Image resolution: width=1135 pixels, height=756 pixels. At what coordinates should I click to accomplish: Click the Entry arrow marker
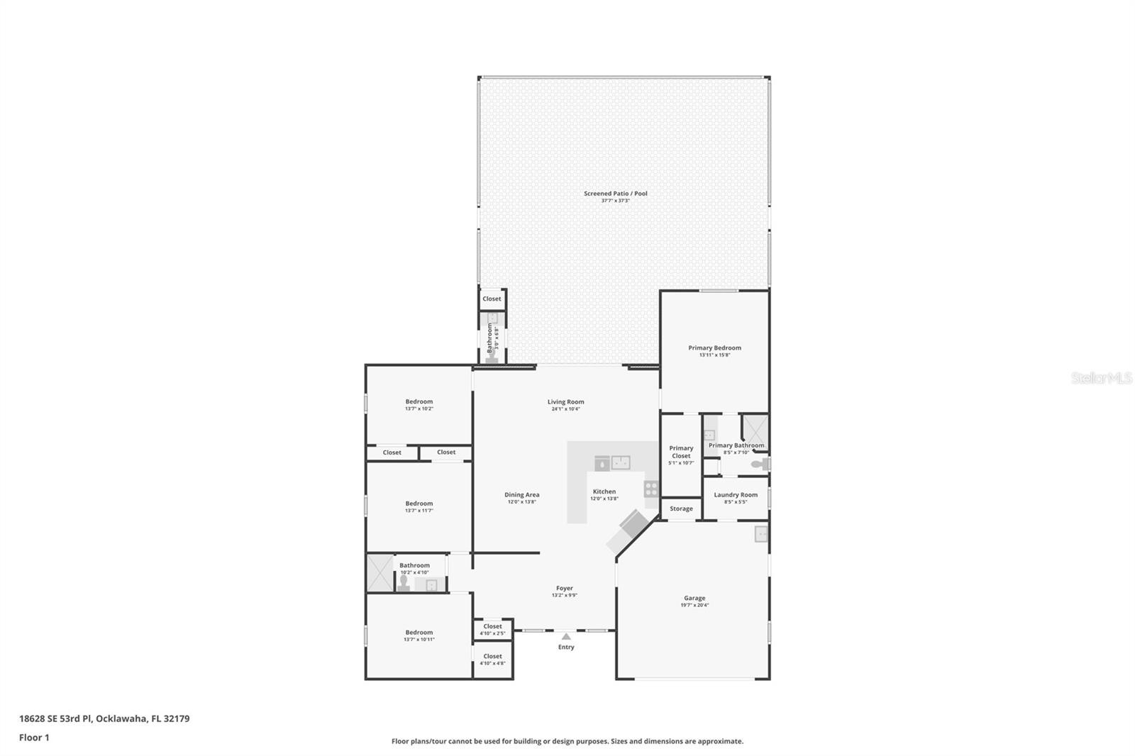(x=566, y=637)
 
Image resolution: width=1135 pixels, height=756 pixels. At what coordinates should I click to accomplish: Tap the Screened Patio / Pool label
(x=615, y=194)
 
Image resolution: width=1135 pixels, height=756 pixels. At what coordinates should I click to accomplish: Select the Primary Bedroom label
(x=714, y=348)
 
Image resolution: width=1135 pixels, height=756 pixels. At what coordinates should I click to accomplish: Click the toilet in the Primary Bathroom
(x=760, y=465)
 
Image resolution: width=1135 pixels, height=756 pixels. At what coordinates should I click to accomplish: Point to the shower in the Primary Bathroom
(x=754, y=428)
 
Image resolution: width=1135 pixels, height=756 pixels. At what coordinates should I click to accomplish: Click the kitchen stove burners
(x=650, y=489)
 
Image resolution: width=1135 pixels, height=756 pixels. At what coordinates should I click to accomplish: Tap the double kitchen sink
(x=621, y=462)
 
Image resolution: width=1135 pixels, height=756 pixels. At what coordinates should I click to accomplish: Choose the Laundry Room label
(x=736, y=495)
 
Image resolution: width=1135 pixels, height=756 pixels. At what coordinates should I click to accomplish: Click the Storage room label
(x=681, y=508)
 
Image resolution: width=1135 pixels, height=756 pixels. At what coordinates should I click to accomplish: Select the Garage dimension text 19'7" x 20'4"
(x=694, y=606)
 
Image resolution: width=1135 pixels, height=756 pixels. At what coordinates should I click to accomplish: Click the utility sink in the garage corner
(x=760, y=533)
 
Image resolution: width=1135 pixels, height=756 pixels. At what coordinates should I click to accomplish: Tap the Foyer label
(x=565, y=588)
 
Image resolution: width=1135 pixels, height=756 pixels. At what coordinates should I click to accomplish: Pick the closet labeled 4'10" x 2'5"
(x=492, y=629)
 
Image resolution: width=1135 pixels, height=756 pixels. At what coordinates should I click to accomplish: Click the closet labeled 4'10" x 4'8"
(x=492, y=660)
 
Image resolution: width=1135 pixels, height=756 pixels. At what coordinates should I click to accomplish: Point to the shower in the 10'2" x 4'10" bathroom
(x=380, y=573)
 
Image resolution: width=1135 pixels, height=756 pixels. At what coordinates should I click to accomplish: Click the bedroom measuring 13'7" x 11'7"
(x=419, y=506)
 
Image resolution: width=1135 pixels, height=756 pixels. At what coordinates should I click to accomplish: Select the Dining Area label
(x=522, y=495)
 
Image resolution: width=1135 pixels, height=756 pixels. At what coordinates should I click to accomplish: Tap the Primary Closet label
(x=681, y=452)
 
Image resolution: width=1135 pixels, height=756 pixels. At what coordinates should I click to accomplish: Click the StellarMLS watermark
(x=1101, y=378)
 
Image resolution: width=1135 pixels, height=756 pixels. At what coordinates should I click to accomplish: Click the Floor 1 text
(x=34, y=738)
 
